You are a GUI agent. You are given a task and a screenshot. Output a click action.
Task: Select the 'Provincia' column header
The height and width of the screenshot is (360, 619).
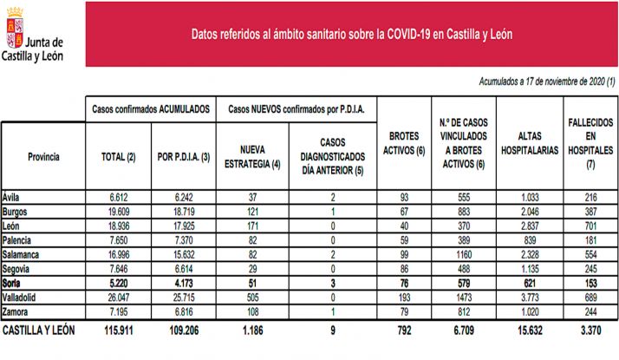(43, 157)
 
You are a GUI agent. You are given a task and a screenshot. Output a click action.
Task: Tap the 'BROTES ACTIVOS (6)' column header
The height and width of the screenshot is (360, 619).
(401, 142)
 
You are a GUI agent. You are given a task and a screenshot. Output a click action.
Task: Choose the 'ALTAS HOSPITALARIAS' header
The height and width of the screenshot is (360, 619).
(528, 142)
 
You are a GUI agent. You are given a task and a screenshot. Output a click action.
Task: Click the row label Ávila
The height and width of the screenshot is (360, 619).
(13, 198)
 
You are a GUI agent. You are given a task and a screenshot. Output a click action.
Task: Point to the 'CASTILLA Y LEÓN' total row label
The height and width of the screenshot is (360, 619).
(39, 330)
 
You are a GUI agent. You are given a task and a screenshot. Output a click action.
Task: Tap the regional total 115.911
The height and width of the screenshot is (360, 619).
(117, 331)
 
